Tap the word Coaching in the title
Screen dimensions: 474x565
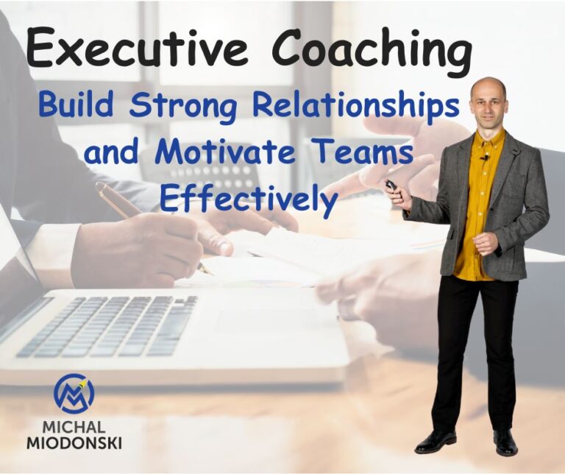[x=372, y=50]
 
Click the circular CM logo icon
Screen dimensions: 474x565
[x=74, y=393]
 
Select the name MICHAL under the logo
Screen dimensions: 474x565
[x=74, y=428]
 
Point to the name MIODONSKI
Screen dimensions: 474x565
[x=74, y=443]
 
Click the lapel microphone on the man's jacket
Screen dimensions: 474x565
[x=485, y=157]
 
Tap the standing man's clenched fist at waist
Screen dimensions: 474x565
[x=485, y=243]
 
